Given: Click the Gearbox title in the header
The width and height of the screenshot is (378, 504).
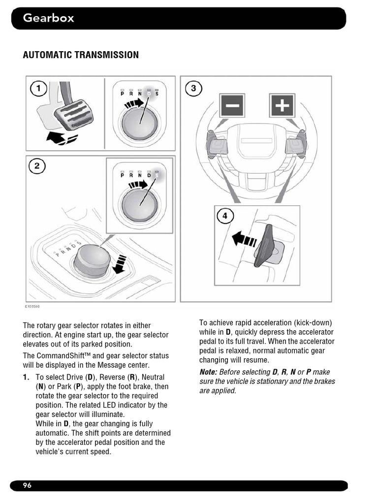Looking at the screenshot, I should [49, 19].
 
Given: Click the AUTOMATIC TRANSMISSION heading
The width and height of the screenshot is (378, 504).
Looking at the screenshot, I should [81, 55].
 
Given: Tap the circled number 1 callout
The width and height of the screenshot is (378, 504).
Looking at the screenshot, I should [38, 89].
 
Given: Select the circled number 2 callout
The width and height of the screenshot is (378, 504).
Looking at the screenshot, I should [37, 166].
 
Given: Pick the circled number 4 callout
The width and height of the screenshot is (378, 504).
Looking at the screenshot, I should [224, 216].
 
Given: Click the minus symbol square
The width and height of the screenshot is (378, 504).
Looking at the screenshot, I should [232, 105].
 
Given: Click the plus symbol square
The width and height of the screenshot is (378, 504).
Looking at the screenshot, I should [282, 105].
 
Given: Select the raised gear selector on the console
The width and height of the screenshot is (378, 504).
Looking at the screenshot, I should [89, 258].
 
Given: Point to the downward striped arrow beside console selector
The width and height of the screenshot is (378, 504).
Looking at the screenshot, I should [120, 263].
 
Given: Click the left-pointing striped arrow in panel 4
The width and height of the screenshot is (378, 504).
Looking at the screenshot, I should [244, 240].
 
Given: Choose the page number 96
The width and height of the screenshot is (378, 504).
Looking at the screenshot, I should [27, 486].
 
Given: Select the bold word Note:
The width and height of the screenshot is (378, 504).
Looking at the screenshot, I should [208, 372].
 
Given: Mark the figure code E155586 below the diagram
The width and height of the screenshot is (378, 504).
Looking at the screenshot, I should [32, 307].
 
